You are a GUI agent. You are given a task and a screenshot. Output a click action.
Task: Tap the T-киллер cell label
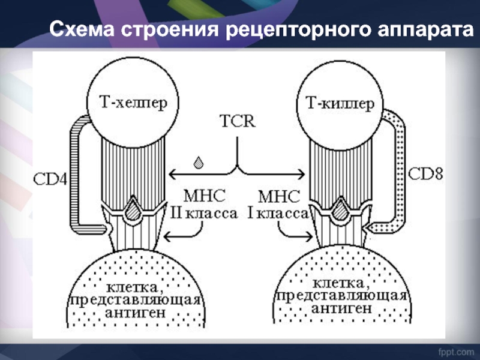pyautogui.click(x=341, y=102)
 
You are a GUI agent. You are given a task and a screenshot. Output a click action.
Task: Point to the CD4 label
pyautogui.click(x=50, y=178)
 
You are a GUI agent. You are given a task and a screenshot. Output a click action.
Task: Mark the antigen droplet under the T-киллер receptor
pyautogui.click(x=340, y=211)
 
